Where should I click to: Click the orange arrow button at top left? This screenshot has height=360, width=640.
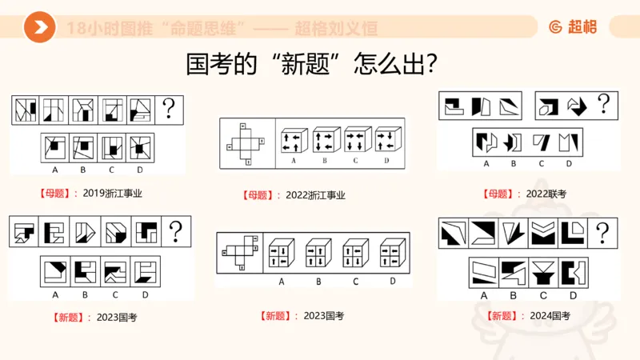tap(39, 28)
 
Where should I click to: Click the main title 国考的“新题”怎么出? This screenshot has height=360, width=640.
tap(312, 65)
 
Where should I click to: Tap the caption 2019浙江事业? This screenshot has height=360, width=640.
tap(118, 193)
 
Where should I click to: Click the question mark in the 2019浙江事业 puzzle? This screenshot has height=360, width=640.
tap(169, 109)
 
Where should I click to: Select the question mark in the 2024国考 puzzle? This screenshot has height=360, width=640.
tap(602, 233)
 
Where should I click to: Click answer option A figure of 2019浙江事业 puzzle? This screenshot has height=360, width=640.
tap(54, 147)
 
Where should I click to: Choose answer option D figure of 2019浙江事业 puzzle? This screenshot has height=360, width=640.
tap(139, 147)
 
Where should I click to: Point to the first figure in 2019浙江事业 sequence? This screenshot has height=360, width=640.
tap(26, 110)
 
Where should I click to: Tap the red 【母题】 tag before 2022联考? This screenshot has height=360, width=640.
tap(501, 194)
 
